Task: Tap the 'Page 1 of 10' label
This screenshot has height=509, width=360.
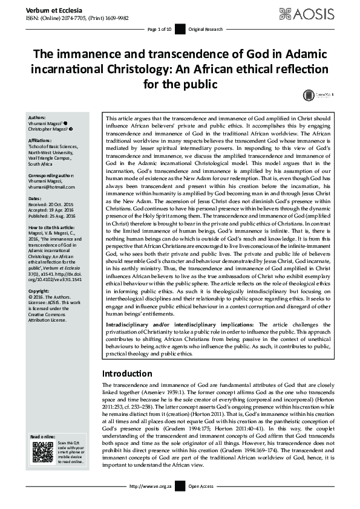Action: (160, 28)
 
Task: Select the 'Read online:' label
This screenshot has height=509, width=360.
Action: (42, 436)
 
